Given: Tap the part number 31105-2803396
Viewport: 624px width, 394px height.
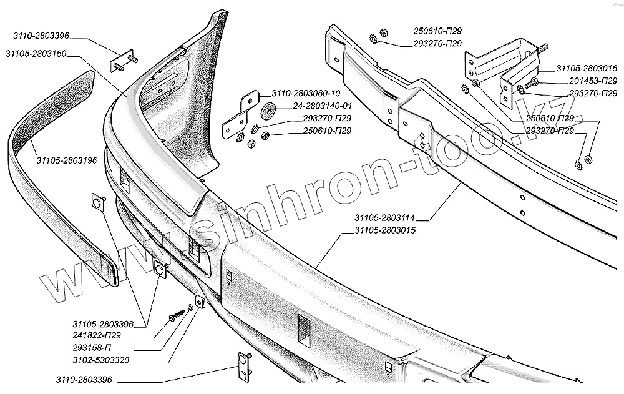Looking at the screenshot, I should pos(103,323).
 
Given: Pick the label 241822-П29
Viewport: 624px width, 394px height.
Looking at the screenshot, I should pos(96,335).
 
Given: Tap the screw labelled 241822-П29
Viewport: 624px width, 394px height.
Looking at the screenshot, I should pos(174,318).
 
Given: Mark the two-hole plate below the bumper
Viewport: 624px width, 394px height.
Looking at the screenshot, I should pos(242,366).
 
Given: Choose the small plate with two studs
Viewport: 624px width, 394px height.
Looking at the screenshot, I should pos(122,61).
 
